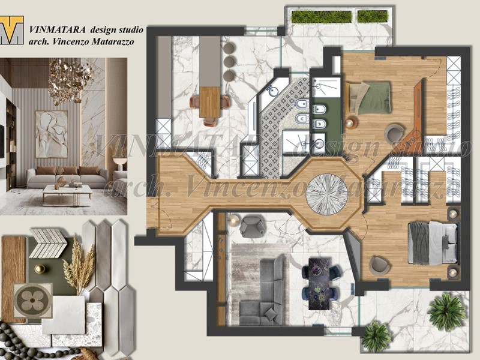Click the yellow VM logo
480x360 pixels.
click(x=12, y=30)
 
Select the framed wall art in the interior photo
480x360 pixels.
click(x=51, y=134)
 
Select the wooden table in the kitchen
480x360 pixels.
click(x=210, y=102)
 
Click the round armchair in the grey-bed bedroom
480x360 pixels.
click(x=379, y=265)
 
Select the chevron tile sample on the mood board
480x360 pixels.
click(x=48, y=240)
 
